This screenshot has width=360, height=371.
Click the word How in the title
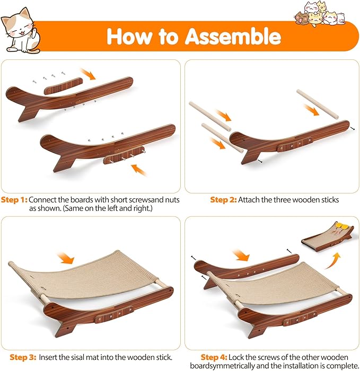[x=130, y=36]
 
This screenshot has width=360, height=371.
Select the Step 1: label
[x=14, y=200]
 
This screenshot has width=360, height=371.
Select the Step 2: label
[x=223, y=200]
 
